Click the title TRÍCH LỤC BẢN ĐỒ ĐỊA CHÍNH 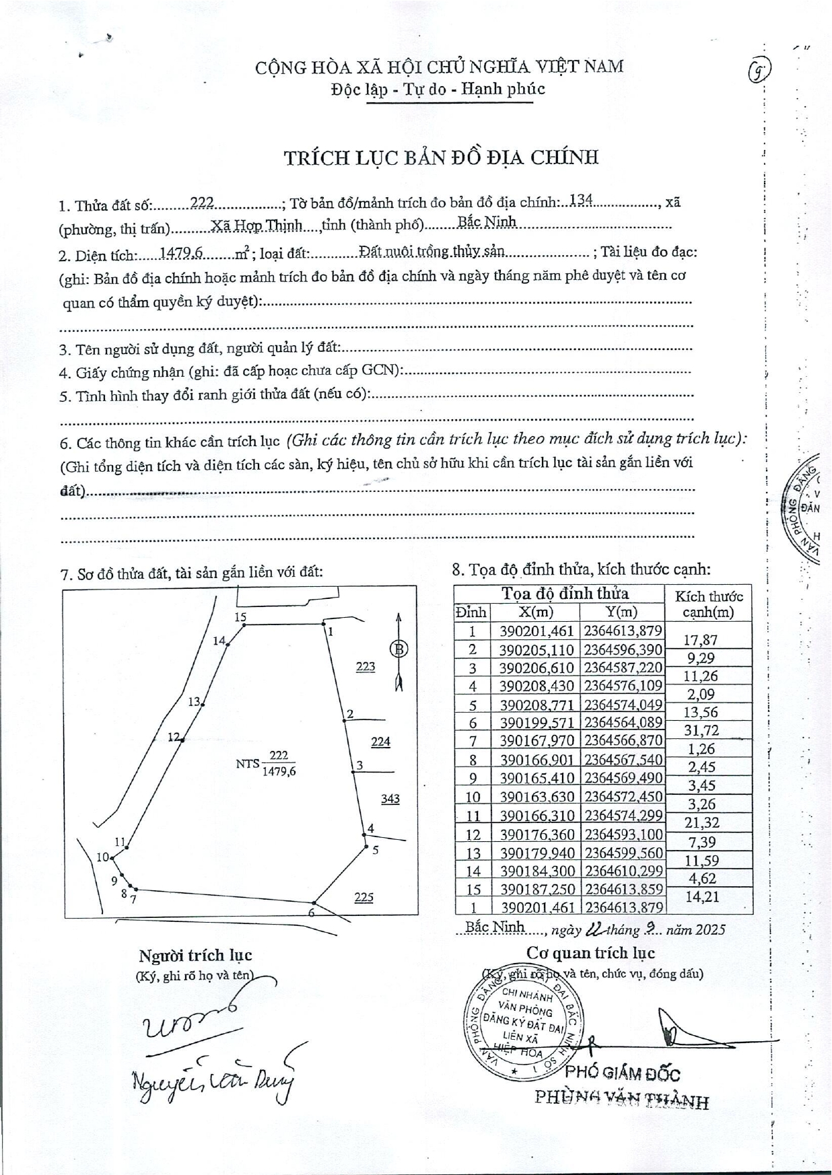coord(441,157)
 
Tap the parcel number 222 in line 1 coord(202,202)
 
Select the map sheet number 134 coord(581,200)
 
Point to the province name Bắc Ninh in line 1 coord(487,221)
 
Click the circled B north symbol coord(398,649)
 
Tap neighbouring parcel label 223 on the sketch coord(366,666)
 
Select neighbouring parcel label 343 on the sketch coord(390,799)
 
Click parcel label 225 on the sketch coord(363,897)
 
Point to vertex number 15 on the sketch coord(240,617)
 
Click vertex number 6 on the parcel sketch coord(311,913)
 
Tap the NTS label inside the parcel coord(247,764)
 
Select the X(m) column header coord(535,612)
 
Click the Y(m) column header coord(621,612)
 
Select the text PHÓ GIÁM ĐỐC coord(622,1074)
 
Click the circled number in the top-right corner coord(759,69)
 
